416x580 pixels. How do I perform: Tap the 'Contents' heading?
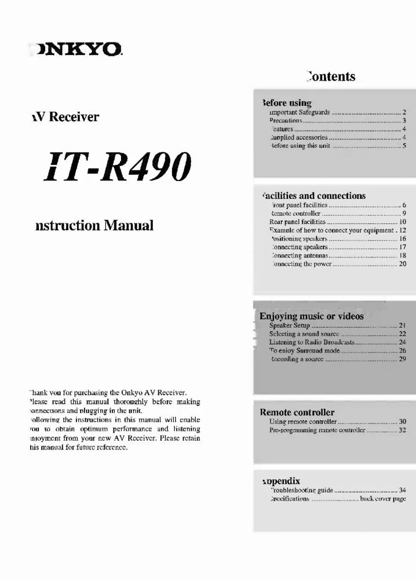coord(331,77)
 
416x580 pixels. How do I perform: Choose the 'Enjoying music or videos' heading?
coord(312,316)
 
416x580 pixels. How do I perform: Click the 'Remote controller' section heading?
coord(297,412)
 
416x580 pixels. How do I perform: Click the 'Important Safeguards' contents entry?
coord(295,112)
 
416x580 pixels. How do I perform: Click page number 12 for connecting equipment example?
coord(403,230)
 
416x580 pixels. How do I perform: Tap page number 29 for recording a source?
coord(403,359)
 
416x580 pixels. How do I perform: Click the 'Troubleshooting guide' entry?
coord(302,491)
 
